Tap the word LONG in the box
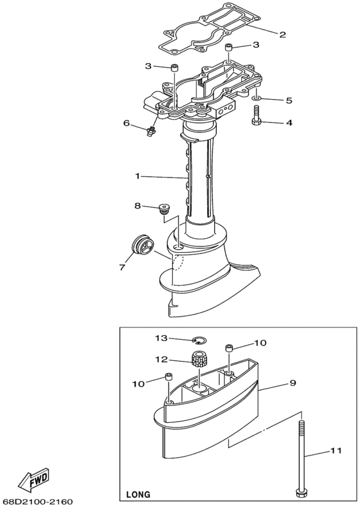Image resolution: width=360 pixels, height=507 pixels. tap(138, 494)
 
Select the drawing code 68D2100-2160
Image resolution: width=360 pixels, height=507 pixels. tap(37, 502)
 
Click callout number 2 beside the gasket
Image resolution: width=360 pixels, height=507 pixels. tap(282, 35)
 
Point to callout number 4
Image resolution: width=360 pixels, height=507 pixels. tap(289, 123)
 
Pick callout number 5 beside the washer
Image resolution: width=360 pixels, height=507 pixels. tap(289, 100)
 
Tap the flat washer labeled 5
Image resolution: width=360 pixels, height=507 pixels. tap(256, 97)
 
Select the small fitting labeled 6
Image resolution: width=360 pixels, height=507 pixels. tap(150, 132)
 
